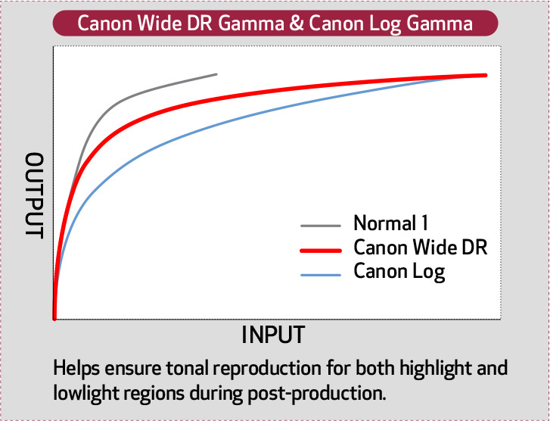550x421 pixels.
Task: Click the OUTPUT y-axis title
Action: click(35, 195)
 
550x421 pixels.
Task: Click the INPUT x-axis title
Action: click(273, 335)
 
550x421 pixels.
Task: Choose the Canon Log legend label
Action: click(399, 270)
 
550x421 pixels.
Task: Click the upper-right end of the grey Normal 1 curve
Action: click(216, 74)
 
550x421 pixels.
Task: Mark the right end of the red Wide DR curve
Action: click(483, 75)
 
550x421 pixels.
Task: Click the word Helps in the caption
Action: click(76, 370)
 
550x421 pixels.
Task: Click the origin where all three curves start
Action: click(54, 318)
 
